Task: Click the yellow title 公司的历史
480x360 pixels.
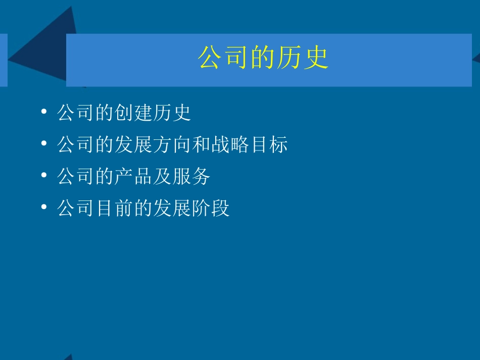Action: point(263,59)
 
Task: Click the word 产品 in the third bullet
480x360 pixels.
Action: point(134,177)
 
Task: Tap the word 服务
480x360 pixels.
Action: point(191,177)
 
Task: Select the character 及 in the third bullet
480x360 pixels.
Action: point(163,177)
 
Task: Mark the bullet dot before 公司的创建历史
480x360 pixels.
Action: point(45,112)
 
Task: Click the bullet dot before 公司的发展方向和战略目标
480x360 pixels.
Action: point(45,144)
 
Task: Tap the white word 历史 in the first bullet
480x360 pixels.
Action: point(172,113)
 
